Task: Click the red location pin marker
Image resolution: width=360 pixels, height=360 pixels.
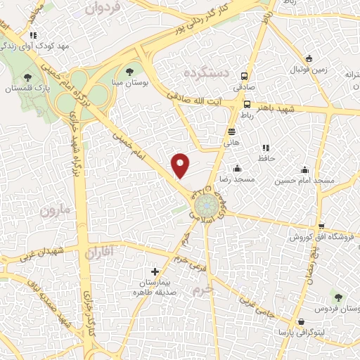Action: point(181,165)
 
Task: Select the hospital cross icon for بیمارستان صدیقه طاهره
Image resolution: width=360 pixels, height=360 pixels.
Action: point(155,271)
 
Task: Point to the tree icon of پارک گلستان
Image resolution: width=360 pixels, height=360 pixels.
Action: point(27,77)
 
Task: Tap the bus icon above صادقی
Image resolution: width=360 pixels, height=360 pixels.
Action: point(244,77)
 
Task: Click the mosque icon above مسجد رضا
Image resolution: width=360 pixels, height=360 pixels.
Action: point(237,169)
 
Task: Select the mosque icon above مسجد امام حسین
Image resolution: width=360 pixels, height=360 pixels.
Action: point(304,169)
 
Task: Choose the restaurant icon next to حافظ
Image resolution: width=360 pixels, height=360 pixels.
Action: point(265,148)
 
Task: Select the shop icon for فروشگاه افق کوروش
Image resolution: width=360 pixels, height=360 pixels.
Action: point(321,226)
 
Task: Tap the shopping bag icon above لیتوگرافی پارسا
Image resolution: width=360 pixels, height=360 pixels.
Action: point(301,321)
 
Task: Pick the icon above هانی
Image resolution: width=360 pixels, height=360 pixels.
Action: point(231,131)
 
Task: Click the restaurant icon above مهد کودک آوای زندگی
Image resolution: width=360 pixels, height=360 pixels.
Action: point(32,34)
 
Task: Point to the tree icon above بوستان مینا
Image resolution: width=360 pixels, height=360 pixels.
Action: point(129,71)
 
